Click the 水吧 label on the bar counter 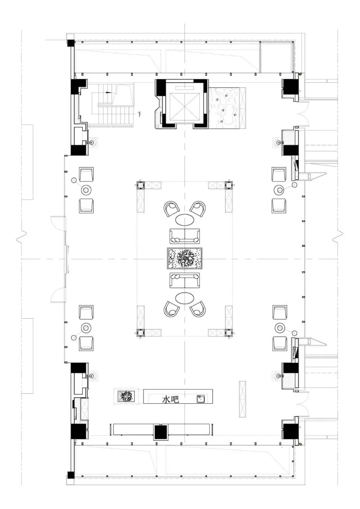(171, 399)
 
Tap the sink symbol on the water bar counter (201, 399)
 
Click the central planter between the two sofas (185, 258)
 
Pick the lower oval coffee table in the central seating (184, 297)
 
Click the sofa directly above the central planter (184, 236)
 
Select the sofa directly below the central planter (184, 280)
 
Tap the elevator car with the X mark (184, 104)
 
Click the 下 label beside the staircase (140, 114)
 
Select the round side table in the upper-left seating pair (86, 189)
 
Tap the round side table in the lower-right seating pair (280, 327)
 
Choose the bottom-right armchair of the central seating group (198, 309)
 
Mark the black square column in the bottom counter (160, 432)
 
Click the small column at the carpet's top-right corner (229, 185)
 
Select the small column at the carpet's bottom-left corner (140, 333)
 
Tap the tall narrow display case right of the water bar (243, 399)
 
